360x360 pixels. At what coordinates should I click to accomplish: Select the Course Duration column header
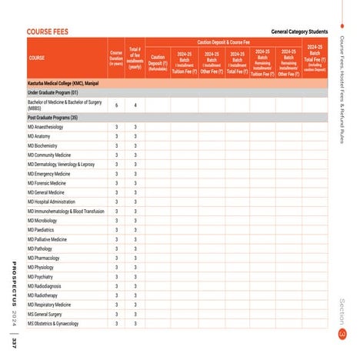pyautogui.click(x=116, y=58)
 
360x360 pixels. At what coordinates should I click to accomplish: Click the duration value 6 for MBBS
pyautogui.click(x=116, y=105)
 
